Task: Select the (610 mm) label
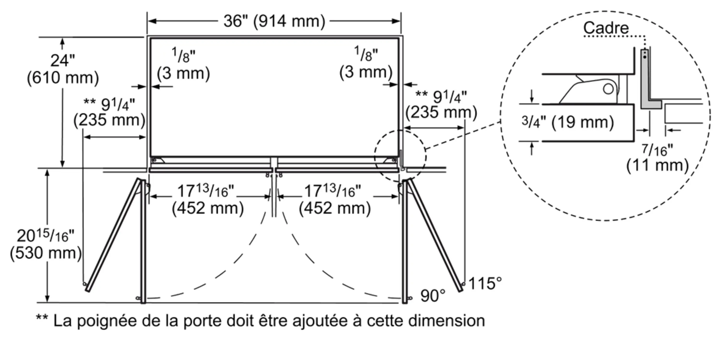tap(63, 78)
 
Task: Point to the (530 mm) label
tap(46, 253)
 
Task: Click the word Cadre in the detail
tap(606, 28)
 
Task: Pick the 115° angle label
tap(485, 283)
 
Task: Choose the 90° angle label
tap(433, 295)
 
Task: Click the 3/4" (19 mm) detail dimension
tap(568, 122)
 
